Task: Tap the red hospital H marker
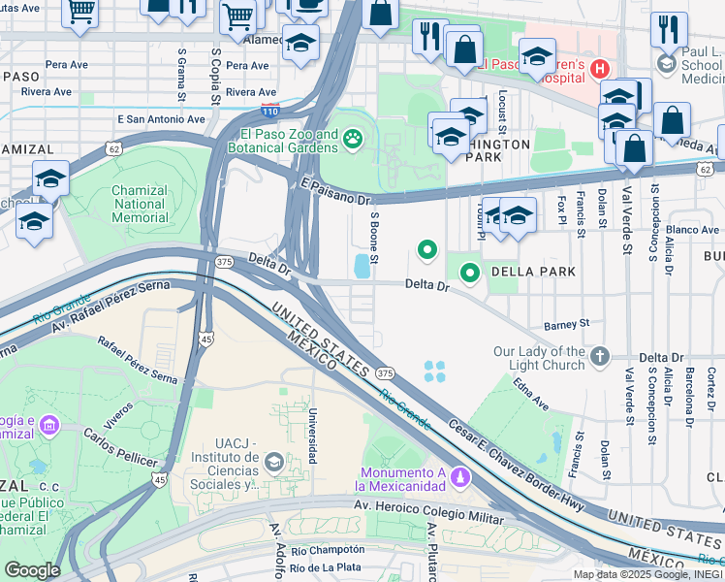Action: pos(600,69)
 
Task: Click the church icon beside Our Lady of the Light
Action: pos(600,358)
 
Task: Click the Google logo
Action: pos(32,570)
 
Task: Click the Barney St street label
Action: pos(566,323)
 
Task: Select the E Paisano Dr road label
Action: pos(335,191)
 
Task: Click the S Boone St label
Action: pos(373,242)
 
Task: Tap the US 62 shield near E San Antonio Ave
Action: pos(114,149)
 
